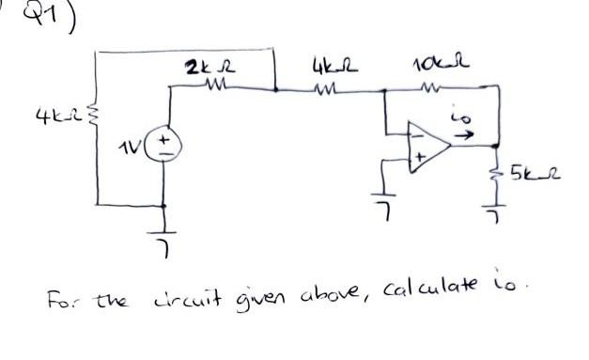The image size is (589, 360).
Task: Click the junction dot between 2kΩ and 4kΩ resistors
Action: (273, 91)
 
